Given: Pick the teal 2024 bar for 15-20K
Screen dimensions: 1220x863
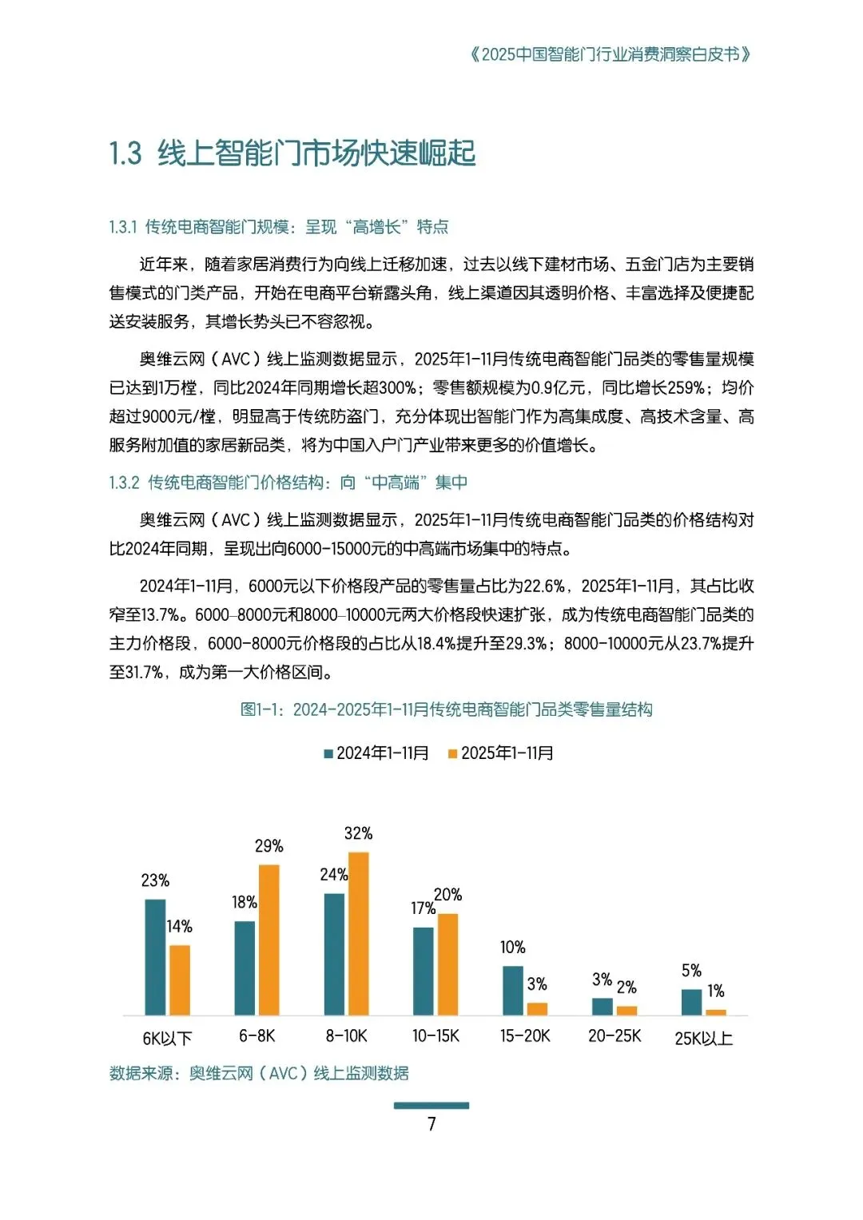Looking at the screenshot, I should pos(513,991).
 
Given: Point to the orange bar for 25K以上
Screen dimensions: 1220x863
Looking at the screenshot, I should pos(716,1012).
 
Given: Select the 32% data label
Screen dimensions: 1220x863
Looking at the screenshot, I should pos(358,833).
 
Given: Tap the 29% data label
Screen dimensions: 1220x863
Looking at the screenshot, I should pos(269,846).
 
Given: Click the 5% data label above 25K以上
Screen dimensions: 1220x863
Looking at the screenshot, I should pos(691,971).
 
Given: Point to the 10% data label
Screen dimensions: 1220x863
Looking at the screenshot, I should pos(513,948).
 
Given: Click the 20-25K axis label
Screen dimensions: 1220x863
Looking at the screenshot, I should pos(614,1036).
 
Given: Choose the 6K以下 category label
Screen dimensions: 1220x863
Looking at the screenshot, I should pos(167,1039).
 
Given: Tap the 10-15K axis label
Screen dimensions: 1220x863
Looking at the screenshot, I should pos(435,1036).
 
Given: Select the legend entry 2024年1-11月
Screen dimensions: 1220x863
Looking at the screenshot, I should pos(376,753).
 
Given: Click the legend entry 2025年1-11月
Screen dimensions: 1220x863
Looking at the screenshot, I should pos(501,753).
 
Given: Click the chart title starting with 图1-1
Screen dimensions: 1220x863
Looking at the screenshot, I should pos(446,709).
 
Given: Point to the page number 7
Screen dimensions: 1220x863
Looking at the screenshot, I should pos(431,1124).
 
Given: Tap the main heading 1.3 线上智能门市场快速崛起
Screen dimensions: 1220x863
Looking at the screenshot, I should pos(292,153).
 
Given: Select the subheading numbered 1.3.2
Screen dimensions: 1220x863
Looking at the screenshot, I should pos(288,483).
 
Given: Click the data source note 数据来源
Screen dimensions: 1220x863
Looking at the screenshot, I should pos(259,1073).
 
